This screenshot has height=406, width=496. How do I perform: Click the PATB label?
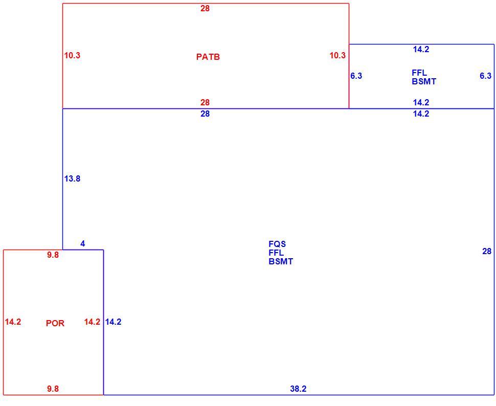pos(208,57)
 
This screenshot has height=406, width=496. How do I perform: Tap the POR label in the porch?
pos(55,323)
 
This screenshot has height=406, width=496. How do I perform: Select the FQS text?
pos(277,244)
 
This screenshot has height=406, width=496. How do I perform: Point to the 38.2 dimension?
pos(298,389)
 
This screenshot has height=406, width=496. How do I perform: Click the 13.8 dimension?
pos(72,178)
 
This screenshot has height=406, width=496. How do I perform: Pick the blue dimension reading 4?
pos(82,244)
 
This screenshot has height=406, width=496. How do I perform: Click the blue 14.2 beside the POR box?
pos(113,322)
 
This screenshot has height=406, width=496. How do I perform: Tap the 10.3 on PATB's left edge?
pos(72,55)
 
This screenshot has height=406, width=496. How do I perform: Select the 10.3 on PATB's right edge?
pos(337,55)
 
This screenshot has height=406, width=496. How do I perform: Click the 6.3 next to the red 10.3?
pos(356,76)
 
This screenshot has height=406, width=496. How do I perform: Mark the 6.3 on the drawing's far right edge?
pos(486,76)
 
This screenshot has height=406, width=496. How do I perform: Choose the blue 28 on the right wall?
pos(487,251)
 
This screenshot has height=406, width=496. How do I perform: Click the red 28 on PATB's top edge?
pos(205,9)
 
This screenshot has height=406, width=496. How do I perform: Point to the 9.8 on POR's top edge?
pos(53,255)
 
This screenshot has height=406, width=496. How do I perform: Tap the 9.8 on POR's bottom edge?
pos(53,389)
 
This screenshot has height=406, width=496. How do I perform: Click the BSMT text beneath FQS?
pos(281,261)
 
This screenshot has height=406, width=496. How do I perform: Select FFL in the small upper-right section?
pos(419,73)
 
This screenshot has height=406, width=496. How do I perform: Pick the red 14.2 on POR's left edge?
pos(13,322)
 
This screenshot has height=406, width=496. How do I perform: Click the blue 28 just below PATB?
pos(205,114)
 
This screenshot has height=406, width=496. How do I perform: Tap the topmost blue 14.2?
pos(421,50)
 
